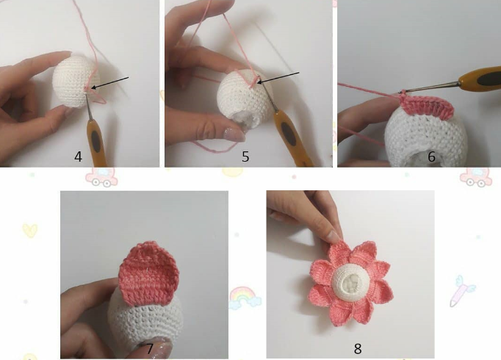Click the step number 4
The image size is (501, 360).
[x=78, y=156]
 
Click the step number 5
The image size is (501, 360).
[x=245, y=156]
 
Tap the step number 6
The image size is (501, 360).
[x=431, y=156]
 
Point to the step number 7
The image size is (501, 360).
[x=149, y=348]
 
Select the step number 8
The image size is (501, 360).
[x=358, y=349]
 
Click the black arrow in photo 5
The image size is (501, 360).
[x=279, y=78]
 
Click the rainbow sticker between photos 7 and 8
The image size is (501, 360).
[x=245, y=298]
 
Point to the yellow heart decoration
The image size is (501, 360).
[x=29, y=231]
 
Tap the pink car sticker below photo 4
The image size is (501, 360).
[x=101, y=176]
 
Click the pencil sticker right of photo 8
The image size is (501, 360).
[x=462, y=291]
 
